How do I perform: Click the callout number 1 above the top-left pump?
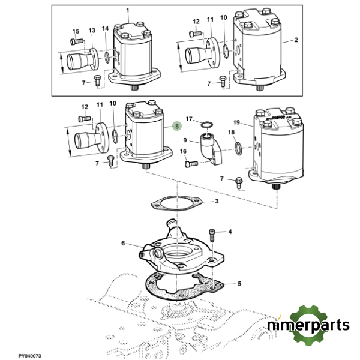[127, 10]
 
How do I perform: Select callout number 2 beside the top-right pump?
[296, 40]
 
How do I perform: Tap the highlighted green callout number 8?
[176, 126]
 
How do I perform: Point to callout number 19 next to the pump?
[236, 122]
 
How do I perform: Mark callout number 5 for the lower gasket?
[239, 283]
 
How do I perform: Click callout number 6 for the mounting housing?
[124, 243]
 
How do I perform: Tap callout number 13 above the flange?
[92, 30]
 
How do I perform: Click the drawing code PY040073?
[29, 356]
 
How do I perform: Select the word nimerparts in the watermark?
[308, 326]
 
